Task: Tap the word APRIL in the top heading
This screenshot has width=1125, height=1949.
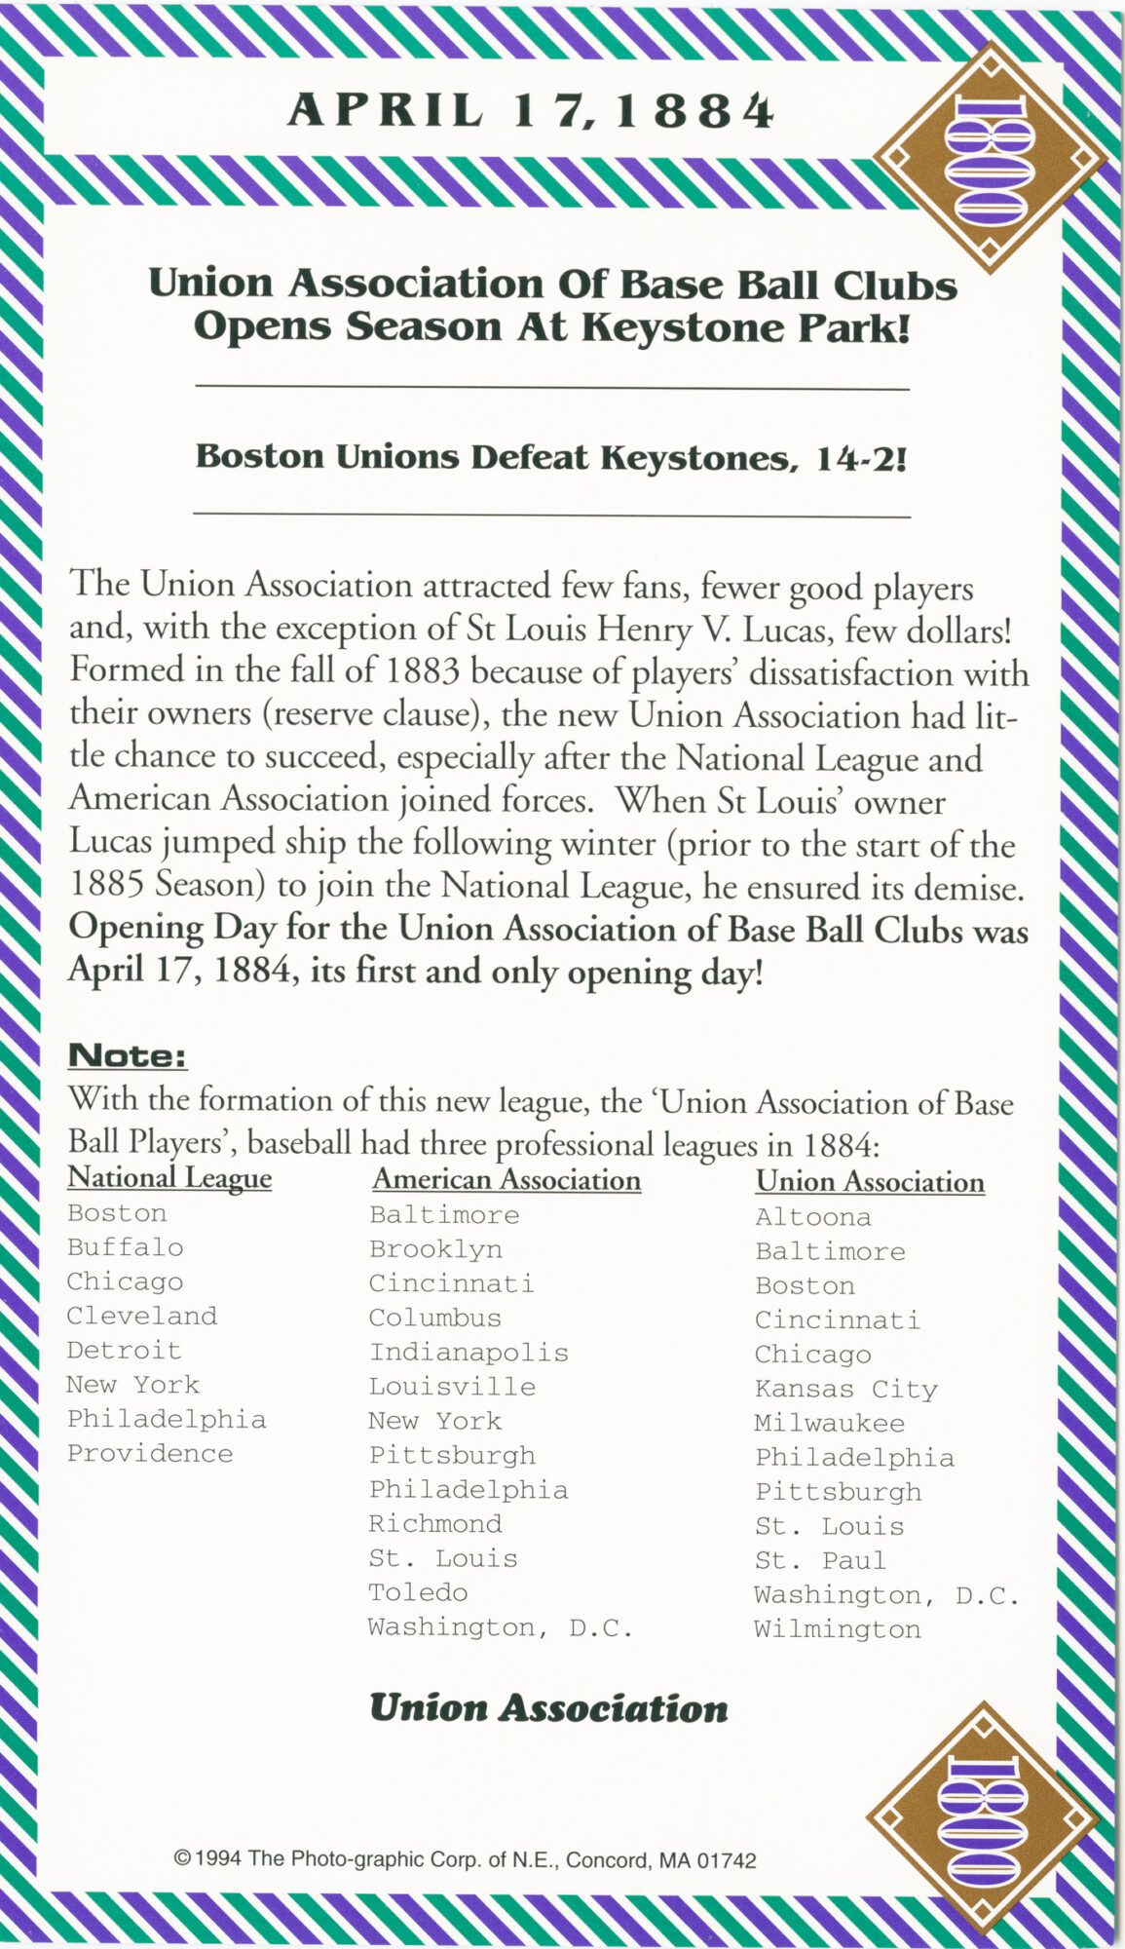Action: [386, 111]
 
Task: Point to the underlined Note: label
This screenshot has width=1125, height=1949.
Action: [127, 1055]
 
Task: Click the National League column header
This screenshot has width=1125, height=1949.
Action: [169, 1178]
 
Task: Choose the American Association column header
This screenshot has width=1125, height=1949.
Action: [506, 1180]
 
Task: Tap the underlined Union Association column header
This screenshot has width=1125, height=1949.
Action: [870, 1182]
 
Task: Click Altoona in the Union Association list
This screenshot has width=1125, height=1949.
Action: [813, 1217]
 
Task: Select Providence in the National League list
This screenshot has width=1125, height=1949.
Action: [150, 1454]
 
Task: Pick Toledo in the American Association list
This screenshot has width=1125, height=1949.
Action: [418, 1592]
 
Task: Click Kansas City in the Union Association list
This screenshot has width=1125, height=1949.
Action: [845, 1389]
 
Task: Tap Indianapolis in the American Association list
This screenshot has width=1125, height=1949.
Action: [469, 1353]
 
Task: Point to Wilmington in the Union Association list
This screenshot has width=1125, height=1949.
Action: [837, 1629]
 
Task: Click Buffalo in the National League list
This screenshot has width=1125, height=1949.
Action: [125, 1247]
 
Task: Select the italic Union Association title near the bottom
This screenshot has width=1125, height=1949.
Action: [548, 1708]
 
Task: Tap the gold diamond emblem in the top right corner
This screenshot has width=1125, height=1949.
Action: [990, 157]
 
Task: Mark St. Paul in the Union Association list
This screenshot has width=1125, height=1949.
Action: [820, 1560]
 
